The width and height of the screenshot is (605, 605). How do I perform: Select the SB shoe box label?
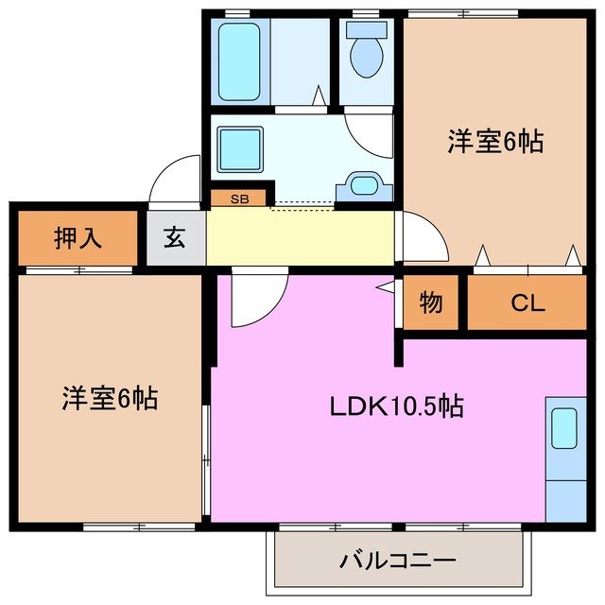pyautogui.click(x=238, y=199)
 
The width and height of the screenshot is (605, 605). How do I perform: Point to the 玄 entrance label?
pyautogui.click(x=176, y=237)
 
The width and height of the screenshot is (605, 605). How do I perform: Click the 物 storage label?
pyautogui.click(x=431, y=303)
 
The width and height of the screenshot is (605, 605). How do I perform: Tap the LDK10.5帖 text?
pyautogui.click(x=396, y=406)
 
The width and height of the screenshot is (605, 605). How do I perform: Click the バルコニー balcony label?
pyautogui.click(x=398, y=560)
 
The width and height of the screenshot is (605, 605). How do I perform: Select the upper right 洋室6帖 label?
pyautogui.click(x=495, y=142)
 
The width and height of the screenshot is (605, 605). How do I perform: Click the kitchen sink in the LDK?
pyautogui.click(x=564, y=428)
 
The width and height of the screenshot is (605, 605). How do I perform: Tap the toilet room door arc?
pyautogui.click(x=370, y=132)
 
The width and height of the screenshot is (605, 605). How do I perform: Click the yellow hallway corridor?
pyautogui.click(x=300, y=237)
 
